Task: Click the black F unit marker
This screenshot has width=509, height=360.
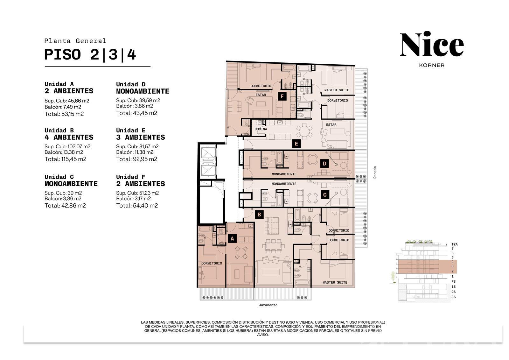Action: click(282, 96)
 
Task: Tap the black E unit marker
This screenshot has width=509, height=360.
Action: click(296, 144)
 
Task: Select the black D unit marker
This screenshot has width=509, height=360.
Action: click(324, 164)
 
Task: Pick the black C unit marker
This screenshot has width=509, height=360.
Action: click(325, 195)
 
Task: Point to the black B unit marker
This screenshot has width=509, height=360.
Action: click(259, 215)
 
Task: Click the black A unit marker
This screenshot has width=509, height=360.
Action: click(232, 238)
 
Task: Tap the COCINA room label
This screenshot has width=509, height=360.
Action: click(261, 129)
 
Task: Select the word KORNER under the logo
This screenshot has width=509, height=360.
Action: click(432, 65)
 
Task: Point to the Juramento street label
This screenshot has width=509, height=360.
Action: click(268, 305)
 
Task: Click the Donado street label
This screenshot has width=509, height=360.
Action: click(375, 172)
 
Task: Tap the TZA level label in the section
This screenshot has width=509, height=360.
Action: click(455, 244)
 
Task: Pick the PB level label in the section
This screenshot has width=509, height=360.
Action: click(453, 281)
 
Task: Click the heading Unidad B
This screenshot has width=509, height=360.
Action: click(59, 130)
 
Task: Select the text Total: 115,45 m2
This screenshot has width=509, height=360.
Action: click(66, 159)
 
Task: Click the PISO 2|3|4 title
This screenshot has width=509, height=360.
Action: click(90, 54)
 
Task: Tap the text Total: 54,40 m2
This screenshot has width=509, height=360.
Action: click(137, 205)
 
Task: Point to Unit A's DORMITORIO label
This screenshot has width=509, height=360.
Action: click(212, 263)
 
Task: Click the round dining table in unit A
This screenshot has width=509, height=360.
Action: click(241, 252)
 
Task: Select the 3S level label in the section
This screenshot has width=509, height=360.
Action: click(453, 297)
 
